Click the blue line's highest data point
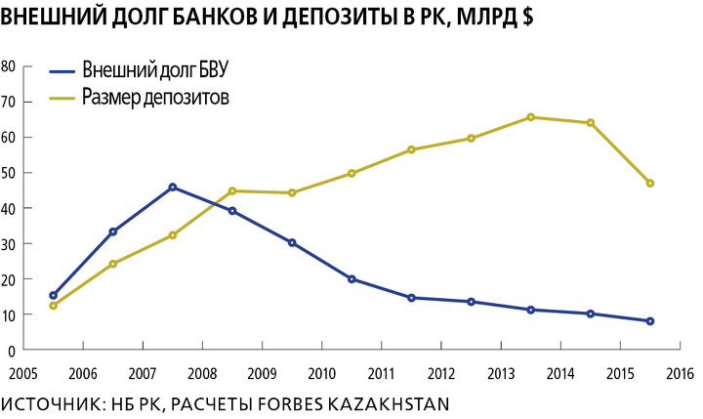173,188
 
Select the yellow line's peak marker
531,117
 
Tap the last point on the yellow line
650,183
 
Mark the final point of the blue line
650,320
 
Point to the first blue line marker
54,295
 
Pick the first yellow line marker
54,306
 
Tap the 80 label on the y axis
8,66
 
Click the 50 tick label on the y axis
8,173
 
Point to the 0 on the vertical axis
12,351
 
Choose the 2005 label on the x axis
22,374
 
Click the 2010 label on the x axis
321,374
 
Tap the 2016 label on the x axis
681,374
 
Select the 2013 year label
501,374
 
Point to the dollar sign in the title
527,17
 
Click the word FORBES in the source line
291,403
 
